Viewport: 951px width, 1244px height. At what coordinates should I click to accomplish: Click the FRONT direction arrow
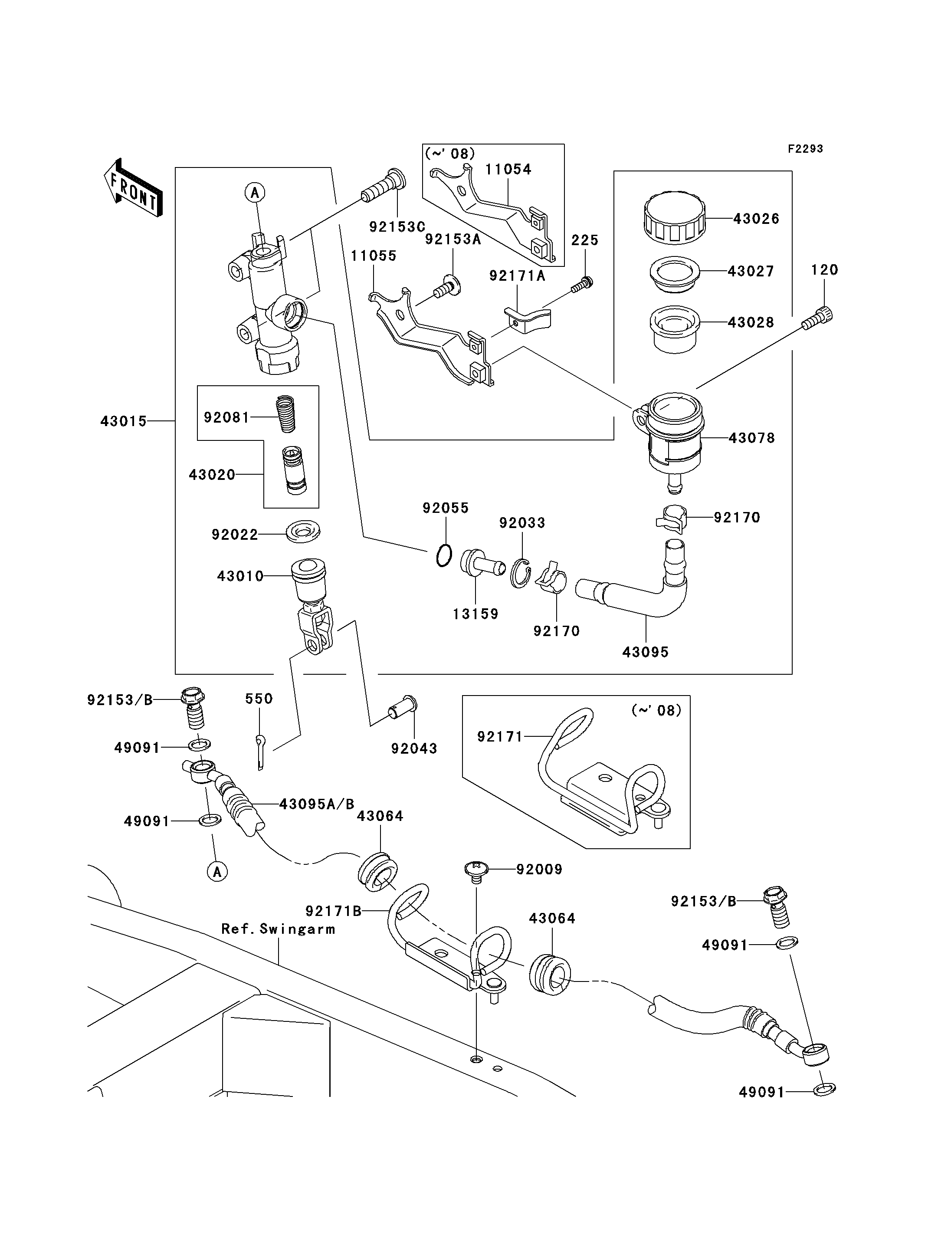134,187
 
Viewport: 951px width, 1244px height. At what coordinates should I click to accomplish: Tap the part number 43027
751,271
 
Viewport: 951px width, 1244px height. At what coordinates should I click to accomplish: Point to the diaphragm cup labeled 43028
674,328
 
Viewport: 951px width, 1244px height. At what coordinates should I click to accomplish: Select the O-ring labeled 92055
444,555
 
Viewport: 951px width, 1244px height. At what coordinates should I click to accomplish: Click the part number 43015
123,421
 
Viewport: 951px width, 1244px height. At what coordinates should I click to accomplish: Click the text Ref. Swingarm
278,929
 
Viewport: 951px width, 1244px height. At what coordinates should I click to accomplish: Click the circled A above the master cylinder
255,193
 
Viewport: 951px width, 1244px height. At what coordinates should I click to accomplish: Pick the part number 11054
508,169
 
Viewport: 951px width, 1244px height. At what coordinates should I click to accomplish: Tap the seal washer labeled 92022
303,532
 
